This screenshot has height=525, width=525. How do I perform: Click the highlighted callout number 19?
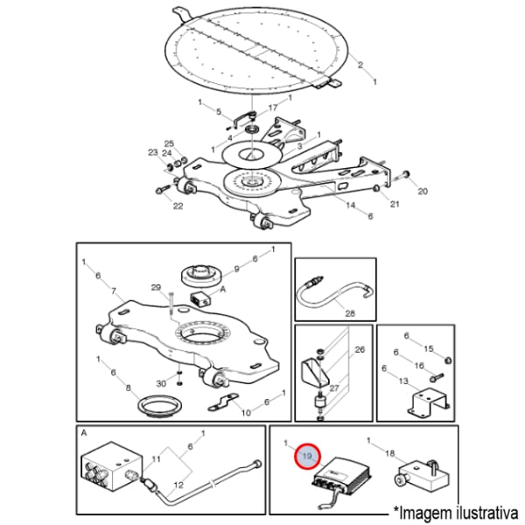pyautogui.click(x=307, y=456)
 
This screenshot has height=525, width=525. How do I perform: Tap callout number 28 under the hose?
pyautogui.click(x=350, y=313)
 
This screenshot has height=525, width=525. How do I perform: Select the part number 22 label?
pyautogui.click(x=178, y=206)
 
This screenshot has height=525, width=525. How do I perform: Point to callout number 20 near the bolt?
pyautogui.click(x=423, y=191)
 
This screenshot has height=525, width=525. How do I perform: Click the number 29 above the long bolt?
pyautogui.click(x=156, y=287)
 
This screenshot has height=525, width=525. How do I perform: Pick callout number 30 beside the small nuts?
pyautogui.click(x=161, y=383)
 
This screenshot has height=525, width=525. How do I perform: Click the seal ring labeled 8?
pyautogui.click(x=160, y=406)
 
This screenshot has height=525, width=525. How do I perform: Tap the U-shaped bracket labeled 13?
pyautogui.click(x=429, y=402)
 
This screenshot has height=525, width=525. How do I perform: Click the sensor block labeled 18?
pyautogui.click(x=422, y=474)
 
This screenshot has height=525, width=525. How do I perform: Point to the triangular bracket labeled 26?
pyautogui.click(x=316, y=372)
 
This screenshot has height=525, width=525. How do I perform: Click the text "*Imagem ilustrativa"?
pyautogui.click(x=456, y=512)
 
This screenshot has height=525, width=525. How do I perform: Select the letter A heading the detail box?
pyautogui.click(x=84, y=433)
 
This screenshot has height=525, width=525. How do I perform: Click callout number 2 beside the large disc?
pyautogui.click(x=360, y=65)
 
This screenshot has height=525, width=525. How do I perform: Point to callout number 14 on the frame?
pyautogui.click(x=351, y=205)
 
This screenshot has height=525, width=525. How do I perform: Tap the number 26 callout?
pyautogui.click(x=360, y=349)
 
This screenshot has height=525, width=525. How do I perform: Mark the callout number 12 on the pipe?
pyautogui.click(x=178, y=485)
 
